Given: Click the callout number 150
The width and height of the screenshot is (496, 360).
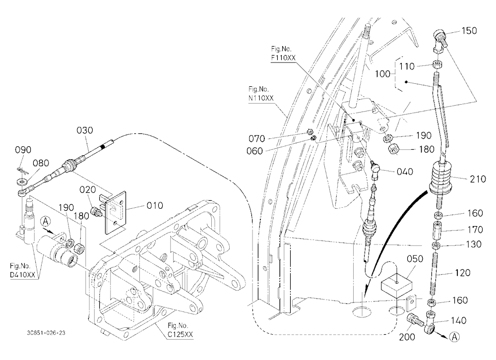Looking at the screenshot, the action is [469, 31].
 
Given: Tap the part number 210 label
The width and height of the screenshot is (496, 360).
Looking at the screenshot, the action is [478, 179].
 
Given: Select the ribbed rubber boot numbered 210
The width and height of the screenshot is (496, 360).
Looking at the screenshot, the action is [440, 178].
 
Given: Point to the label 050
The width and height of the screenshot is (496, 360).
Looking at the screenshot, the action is [415, 259].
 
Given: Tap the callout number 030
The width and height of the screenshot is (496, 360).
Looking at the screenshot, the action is [85, 130].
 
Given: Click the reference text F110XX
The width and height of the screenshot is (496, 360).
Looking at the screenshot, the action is [283, 58].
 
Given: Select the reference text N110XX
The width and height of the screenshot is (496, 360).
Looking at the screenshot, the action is [261, 98].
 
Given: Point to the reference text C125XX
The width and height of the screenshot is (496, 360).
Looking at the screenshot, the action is [180, 334].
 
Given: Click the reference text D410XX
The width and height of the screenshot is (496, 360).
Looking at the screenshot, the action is [22, 275].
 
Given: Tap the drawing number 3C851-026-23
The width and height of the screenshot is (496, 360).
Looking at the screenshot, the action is [46, 333].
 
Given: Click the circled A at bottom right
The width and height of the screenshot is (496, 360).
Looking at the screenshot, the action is [454, 337].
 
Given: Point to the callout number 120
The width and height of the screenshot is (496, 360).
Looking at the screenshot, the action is [462, 273].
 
